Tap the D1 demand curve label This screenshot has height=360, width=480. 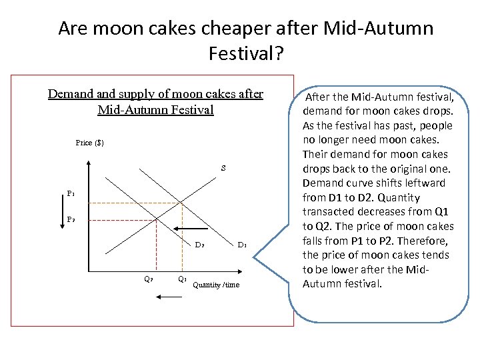pos(242,245)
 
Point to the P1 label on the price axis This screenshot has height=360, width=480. pos(71,194)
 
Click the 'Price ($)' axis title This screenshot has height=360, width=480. pos(90,143)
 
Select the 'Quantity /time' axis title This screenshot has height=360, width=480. pos(215,285)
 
